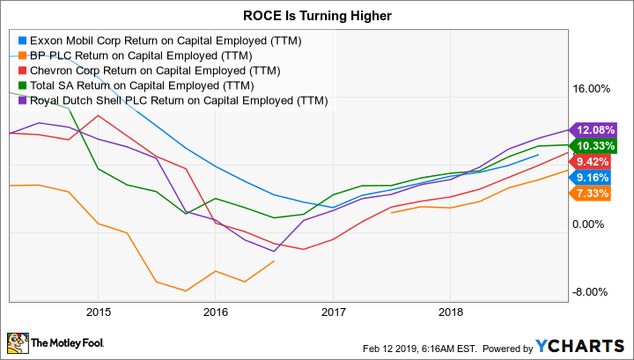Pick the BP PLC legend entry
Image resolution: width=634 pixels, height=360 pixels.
pyautogui.click(x=127, y=55)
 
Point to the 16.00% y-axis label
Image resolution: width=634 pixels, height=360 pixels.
pyautogui.click(x=592, y=90)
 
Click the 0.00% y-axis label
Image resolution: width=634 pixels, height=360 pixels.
pyautogui.click(x=594, y=224)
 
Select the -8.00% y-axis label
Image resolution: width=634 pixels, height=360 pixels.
pyautogui.click(x=593, y=292)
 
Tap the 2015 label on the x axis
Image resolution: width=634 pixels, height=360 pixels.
pyautogui.click(x=98, y=312)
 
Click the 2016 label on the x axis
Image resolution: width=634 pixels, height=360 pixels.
pyautogui.click(x=216, y=312)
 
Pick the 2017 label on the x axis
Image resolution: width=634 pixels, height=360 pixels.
pyautogui.click(x=333, y=312)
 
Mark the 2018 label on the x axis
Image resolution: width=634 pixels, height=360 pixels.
pyautogui.click(x=451, y=312)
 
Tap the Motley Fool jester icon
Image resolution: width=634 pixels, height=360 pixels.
pyautogui.click(x=17, y=342)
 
